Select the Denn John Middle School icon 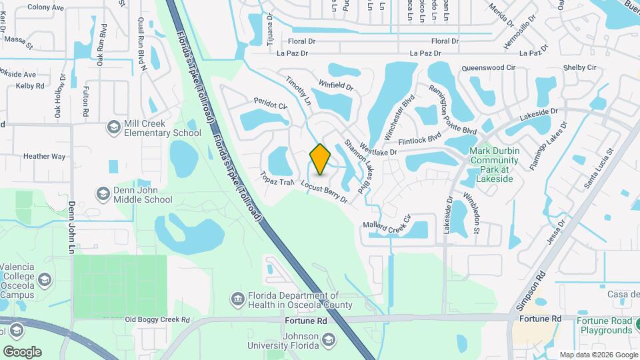(x=103, y=193)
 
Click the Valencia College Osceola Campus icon (x=45, y=278)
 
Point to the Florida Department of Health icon (x=237, y=299)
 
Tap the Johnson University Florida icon (x=328, y=341)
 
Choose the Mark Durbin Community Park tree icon (x=491, y=149)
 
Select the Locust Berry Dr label (x=325, y=191)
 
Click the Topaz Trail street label (x=278, y=178)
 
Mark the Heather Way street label (x=44, y=157)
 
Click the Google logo (x=22, y=352)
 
